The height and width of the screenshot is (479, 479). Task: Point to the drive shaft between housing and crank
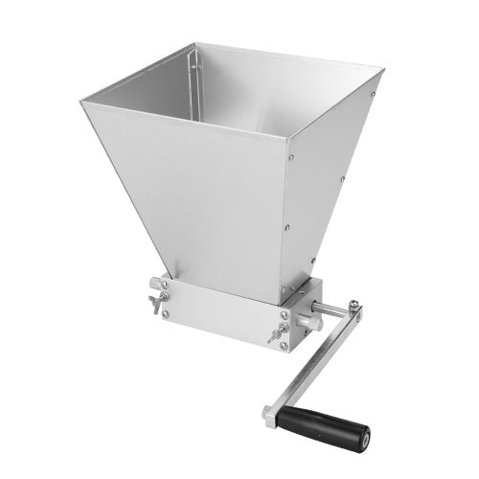pyautogui.click(x=335, y=310)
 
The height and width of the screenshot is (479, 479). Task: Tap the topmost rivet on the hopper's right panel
pyautogui.click(x=372, y=93)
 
